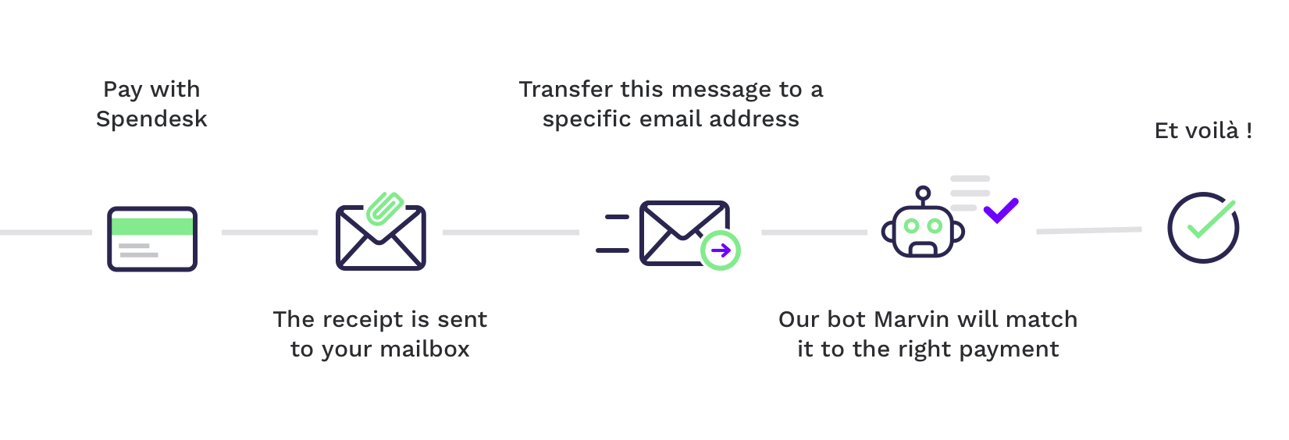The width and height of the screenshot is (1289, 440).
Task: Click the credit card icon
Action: (x=152, y=239)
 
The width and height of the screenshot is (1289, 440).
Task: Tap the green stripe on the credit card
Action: (x=152, y=226)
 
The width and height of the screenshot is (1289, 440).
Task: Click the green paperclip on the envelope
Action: (x=385, y=208)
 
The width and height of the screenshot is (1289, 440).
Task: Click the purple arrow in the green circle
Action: (x=721, y=250)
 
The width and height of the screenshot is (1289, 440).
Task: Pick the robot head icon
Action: (x=923, y=222)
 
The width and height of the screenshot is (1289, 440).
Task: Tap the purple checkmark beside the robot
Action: (x=1001, y=211)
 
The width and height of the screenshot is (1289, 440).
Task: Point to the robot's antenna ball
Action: (x=923, y=193)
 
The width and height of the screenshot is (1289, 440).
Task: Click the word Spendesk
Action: (x=151, y=119)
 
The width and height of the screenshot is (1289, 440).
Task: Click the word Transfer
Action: (x=566, y=89)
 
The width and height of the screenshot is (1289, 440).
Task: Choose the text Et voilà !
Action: (x=1203, y=130)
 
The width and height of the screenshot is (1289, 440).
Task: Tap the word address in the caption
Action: (x=754, y=119)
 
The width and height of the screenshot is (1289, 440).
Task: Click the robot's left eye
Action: (x=911, y=226)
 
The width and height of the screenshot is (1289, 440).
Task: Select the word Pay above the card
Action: (x=123, y=90)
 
